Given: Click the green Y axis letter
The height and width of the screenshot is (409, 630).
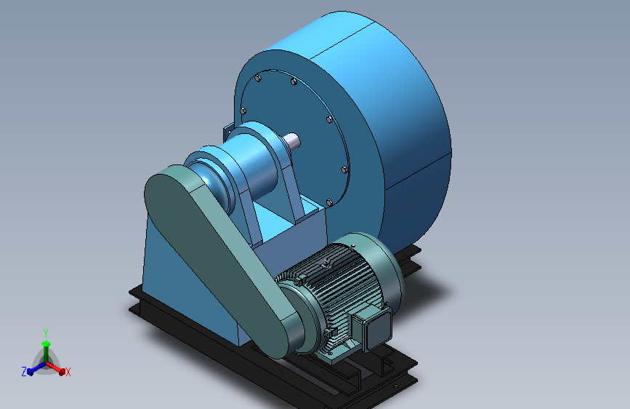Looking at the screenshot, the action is [x=46, y=333].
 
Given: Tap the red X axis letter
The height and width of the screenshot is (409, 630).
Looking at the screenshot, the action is [x=68, y=373].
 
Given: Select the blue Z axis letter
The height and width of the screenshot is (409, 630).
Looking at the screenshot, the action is [x=24, y=372].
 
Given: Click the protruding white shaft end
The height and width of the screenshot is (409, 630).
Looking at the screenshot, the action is [x=292, y=141].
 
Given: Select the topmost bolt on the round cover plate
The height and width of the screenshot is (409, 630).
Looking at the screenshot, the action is [x=258, y=78].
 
